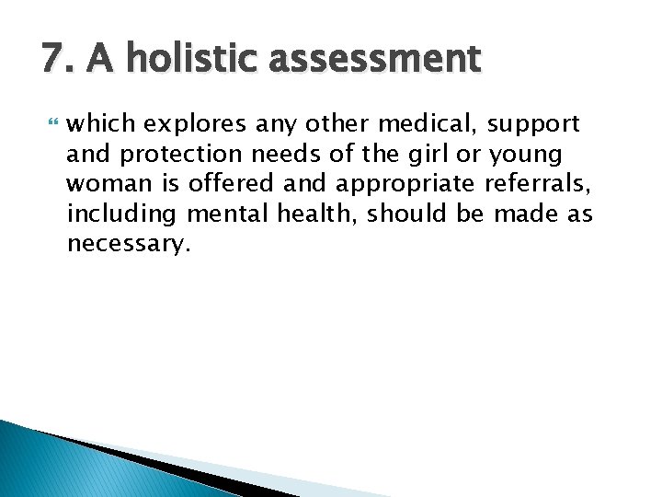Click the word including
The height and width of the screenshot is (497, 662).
(121, 215)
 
